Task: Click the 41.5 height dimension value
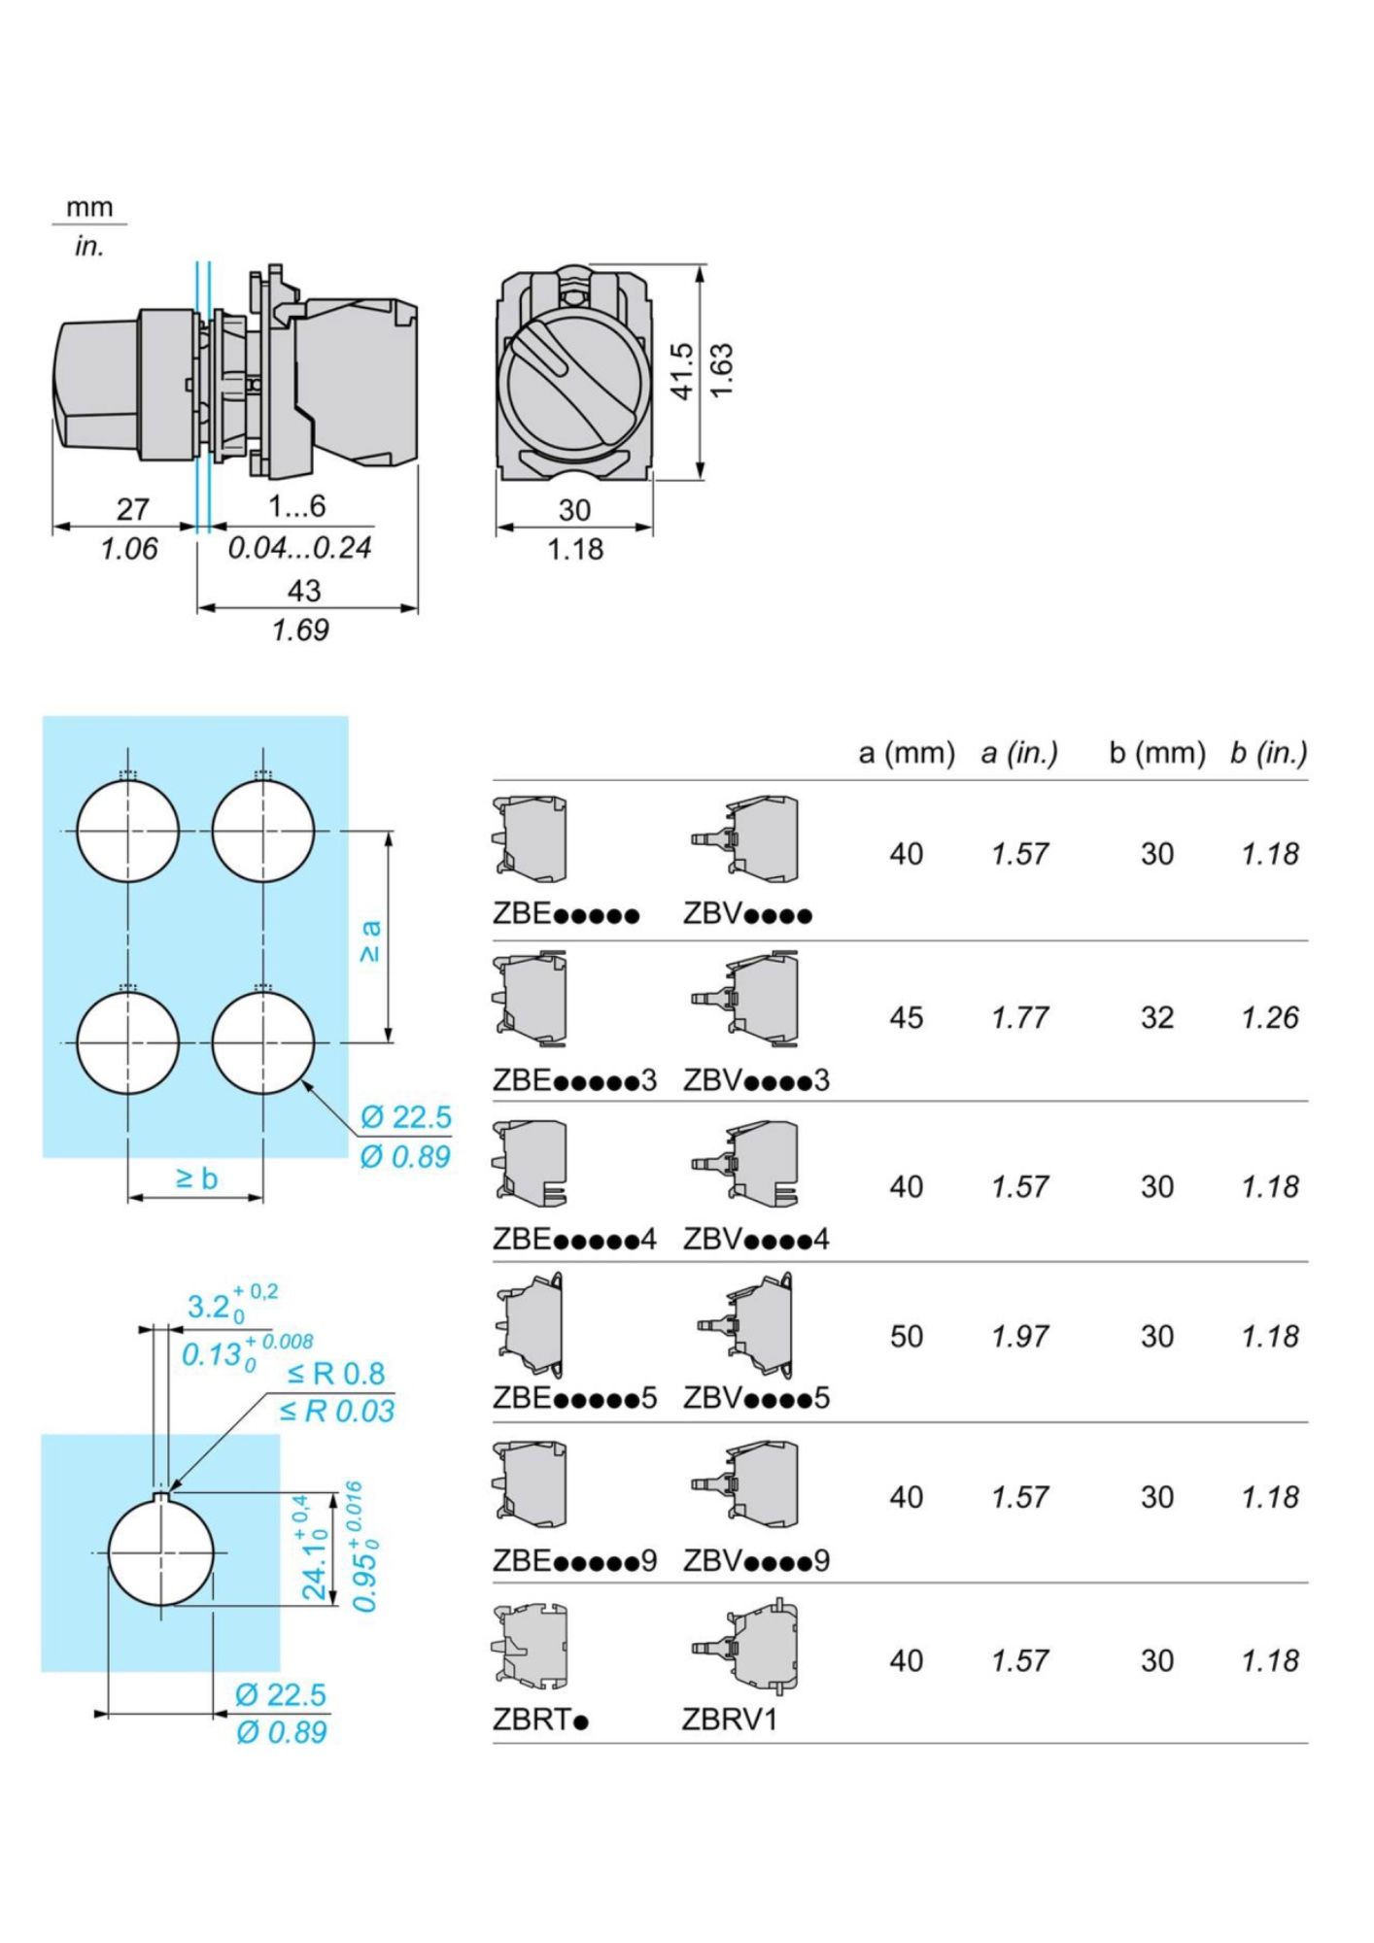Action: pos(682,371)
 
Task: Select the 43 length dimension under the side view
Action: pos(304,590)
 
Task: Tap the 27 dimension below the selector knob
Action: pos(133,508)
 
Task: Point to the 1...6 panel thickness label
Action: pos(296,506)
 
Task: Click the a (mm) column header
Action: pos(906,753)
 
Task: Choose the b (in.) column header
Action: pos(1268,753)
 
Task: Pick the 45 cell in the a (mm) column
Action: pos(906,1017)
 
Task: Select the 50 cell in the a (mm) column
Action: pos(906,1336)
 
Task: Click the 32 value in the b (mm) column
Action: pos(1156,1017)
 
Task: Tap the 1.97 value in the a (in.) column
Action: pos(1019,1336)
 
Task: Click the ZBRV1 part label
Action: pos(730,1719)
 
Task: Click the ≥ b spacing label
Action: pos(196,1178)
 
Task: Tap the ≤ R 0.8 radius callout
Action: pos(336,1373)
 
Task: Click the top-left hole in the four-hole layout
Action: pos(128,832)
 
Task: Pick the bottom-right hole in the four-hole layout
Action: pos(262,1041)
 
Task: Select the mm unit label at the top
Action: pos(89,207)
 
